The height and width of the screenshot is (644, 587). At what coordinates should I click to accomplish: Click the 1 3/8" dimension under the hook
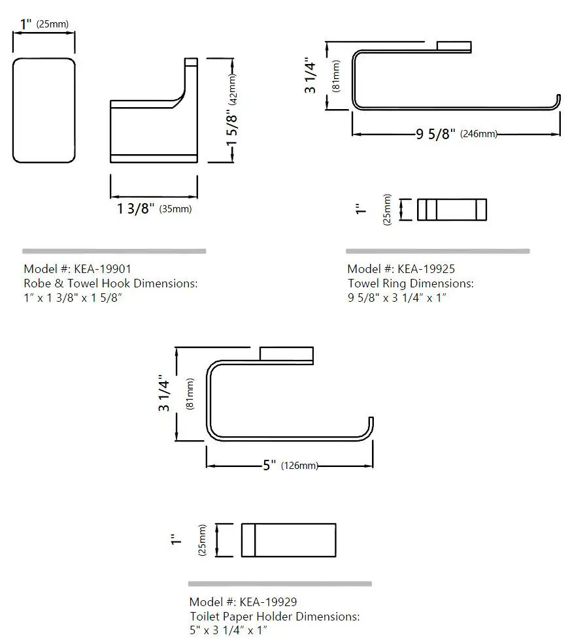pyautogui.click(x=136, y=208)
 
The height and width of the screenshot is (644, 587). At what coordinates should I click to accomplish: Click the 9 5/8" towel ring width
pyautogui.click(x=435, y=135)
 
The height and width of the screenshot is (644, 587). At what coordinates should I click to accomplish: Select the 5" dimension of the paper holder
pyautogui.click(x=269, y=466)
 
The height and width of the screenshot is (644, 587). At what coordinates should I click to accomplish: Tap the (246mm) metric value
pyautogui.click(x=479, y=135)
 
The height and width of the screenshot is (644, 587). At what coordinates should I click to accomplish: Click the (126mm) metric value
pyautogui.click(x=299, y=466)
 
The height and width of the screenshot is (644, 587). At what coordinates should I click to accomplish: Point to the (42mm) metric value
pyautogui.click(x=233, y=89)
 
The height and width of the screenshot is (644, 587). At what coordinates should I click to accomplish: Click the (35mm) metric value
pyautogui.click(x=175, y=209)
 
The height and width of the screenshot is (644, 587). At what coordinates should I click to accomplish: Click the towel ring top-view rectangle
pyautogui.click(x=452, y=209)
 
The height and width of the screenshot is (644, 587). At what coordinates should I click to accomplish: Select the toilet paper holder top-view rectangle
pyautogui.click(x=288, y=539)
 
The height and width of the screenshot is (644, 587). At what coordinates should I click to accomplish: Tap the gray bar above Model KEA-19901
pyautogui.click(x=114, y=251)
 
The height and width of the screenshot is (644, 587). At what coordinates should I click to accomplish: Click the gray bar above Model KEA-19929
pyautogui.click(x=280, y=583)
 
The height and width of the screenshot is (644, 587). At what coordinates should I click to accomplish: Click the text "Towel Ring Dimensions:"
pyautogui.click(x=411, y=283)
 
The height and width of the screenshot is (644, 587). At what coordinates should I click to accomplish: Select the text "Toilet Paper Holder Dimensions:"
pyautogui.click(x=275, y=616)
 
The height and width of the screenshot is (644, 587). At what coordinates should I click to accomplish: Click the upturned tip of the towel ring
pyautogui.click(x=559, y=99)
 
